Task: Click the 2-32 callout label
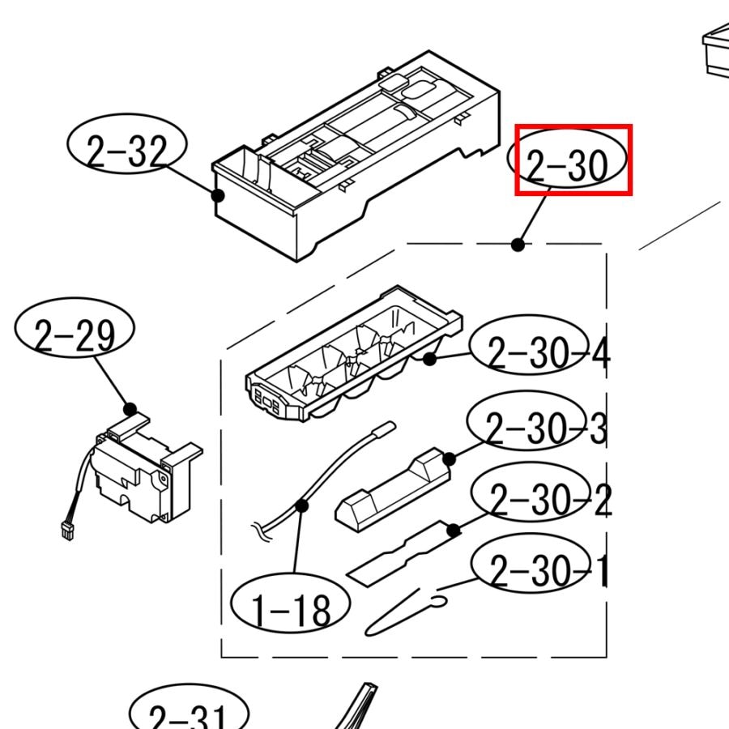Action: pyautogui.click(x=127, y=144)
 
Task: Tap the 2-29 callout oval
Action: pyautogui.click(x=75, y=328)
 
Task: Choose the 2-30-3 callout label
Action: pyautogui.click(x=537, y=420)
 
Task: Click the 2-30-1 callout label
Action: pyautogui.click(x=540, y=563)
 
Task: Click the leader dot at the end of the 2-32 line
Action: pyautogui.click(x=218, y=195)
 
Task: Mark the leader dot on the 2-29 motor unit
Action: pyautogui.click(x=130, y=409)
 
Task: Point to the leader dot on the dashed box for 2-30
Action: pyautogui.click(x=518, y=245)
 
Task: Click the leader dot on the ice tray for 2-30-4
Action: pyautogui.click(x=429, y=359)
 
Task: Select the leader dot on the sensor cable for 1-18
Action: pyautogui.click(x=302, y=505)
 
